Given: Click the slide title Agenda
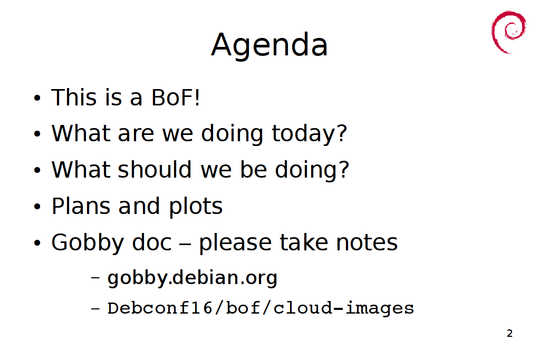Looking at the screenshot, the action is click(x=269, y=45).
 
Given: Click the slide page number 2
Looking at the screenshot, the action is click(x=510, y=333).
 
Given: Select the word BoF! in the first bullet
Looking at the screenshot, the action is click(x=176, y=98).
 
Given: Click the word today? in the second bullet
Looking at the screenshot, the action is click(x=309, y=134).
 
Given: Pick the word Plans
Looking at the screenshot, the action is click(x=81, y=206).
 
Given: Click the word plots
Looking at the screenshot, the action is click(x=196, y=207).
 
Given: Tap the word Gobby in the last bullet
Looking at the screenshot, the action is click(x=88, y=243).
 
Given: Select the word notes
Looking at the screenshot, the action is click(x=367, y=242).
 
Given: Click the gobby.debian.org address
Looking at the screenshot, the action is click(x=192, y=278).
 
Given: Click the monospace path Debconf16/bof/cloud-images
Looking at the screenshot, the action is click(x=261, y=308).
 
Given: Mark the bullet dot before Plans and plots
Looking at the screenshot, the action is click(x=37, y=207).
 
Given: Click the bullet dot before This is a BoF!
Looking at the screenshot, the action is click(x=37, y=98).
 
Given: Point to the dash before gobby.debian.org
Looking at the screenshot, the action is click(x=95, y=277).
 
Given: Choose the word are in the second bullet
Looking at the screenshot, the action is click(x=136, y=134).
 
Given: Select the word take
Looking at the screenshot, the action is click(x=304, y=242).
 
